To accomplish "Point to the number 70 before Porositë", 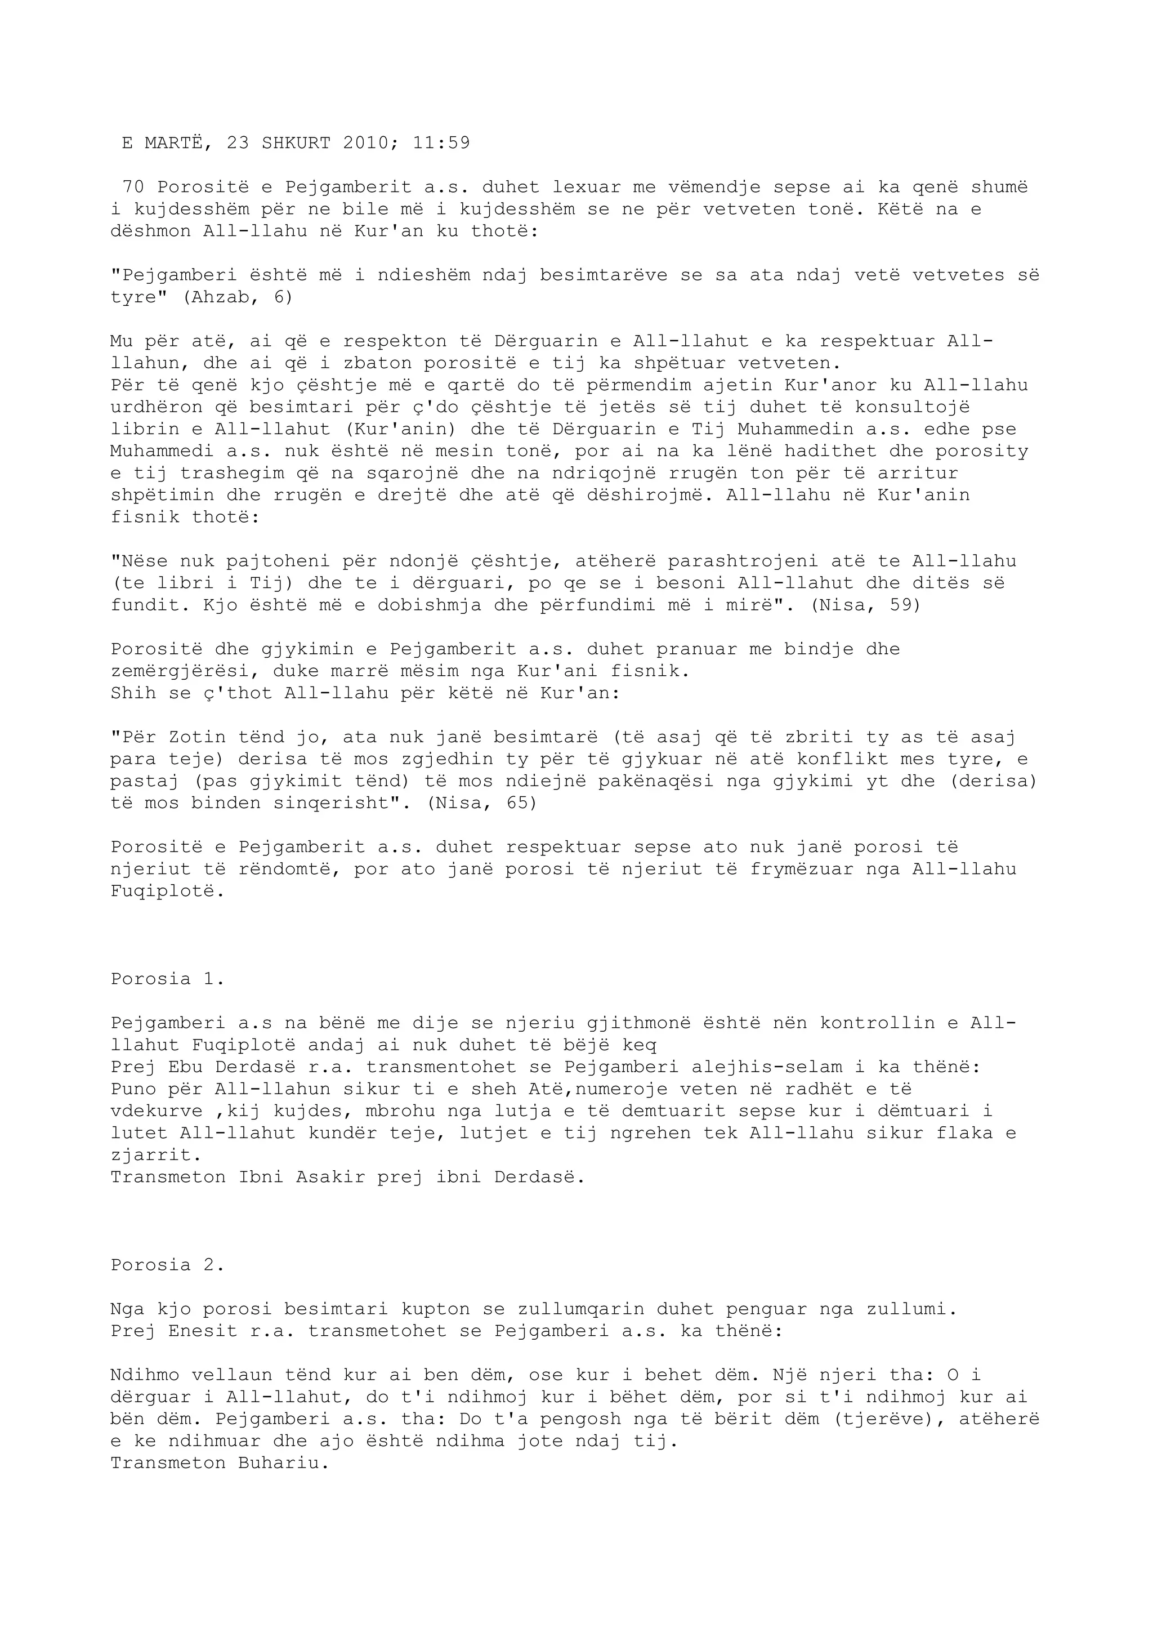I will pyautogui.click(x=133, y=187).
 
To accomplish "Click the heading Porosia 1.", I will pyautogui.click(x=168, y=979).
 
